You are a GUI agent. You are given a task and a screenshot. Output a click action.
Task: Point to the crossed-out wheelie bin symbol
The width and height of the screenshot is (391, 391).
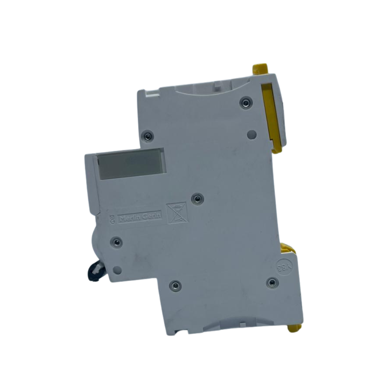[177, 213]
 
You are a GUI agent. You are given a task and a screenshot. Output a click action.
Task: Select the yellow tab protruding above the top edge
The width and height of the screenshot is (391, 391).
[260, 68]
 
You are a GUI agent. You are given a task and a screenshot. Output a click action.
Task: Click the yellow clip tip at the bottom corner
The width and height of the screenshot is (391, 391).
[294, 328]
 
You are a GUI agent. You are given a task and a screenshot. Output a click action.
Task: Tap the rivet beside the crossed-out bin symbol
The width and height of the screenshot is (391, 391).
[197, 198]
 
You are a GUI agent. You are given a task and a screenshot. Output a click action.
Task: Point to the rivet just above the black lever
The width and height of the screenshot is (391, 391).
[116, 242]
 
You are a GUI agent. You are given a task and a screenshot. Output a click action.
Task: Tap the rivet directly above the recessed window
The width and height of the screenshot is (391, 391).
[148, 136]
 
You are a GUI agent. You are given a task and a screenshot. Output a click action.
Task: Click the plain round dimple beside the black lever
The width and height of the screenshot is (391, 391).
[117, 269]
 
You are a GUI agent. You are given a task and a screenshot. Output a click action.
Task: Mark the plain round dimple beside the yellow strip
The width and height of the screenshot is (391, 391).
[252, 134]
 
